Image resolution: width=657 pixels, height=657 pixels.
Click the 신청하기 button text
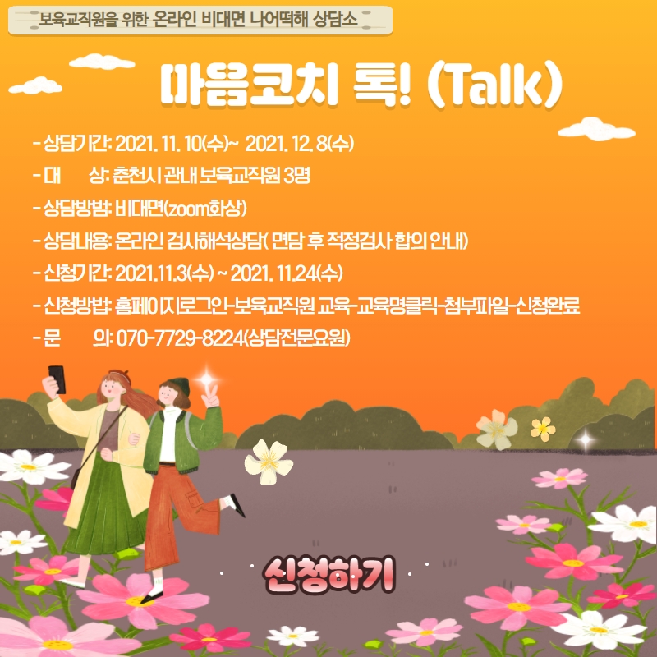click(329, 574)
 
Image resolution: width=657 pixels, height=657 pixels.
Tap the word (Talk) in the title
click(494, 85)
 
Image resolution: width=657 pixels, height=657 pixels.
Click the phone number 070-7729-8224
click(180, 338)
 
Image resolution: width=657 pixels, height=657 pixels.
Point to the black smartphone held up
click(57, 379)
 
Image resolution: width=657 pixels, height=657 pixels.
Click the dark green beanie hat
click(179, 385)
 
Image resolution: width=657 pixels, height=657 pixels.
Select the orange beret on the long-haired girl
click(120, 375)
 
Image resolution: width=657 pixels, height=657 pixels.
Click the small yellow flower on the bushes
click(543, 429)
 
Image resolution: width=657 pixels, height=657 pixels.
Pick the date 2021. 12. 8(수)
click(300, 144)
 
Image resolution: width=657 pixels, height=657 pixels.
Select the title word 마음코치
click(249, 85)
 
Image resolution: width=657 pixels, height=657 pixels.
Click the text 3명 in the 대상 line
click(296, 176)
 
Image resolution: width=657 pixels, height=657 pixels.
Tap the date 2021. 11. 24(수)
click(287, 273)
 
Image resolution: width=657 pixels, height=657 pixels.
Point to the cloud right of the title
click(596, 129)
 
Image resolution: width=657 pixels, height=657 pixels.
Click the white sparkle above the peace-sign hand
click(207, 379)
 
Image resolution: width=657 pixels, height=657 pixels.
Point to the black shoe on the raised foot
click(237, 505)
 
